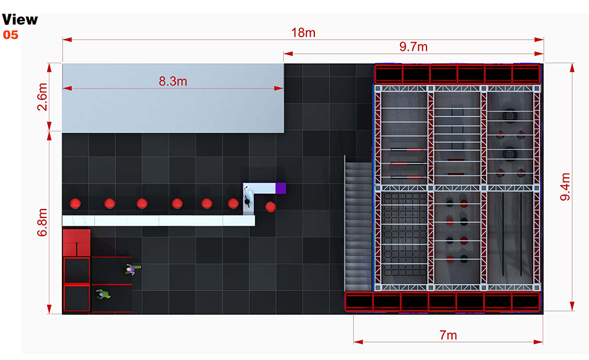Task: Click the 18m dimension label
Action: click(303, 32)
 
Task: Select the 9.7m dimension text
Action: click(414, 47)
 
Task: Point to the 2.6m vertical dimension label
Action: click(43, 97)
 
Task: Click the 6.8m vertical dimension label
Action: click(43, 224)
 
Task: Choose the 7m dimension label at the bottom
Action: click(448, 335)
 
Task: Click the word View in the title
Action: click(19, 20)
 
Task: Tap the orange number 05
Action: click(11, 35)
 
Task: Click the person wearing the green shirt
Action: click(103, 294)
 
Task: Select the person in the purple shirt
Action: click(131, 269)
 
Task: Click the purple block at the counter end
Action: click(281, 187)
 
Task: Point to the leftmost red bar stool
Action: click(76, 203)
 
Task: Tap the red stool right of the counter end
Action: click(270, 207)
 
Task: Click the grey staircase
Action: click(357, 223)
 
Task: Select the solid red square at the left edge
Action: click(77, 242)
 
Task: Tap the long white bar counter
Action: click(158, 221)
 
